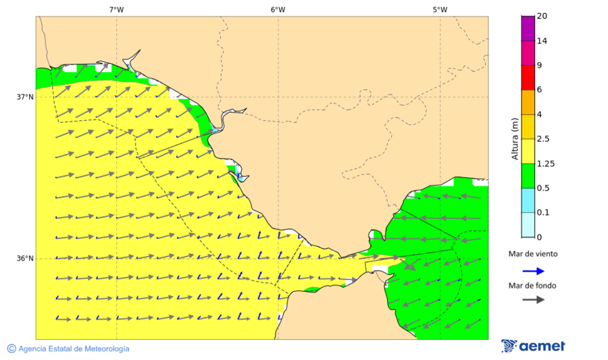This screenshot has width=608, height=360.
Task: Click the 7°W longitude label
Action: point(116,9)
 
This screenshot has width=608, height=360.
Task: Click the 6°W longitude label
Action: point(278,9)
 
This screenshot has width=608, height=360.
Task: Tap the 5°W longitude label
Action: point(440,9)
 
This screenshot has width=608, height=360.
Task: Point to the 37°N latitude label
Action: point(25,97)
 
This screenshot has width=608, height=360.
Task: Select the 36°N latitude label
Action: point(25,259)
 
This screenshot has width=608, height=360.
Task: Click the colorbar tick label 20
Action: point(541,16)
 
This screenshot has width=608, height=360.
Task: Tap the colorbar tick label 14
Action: point(541,41)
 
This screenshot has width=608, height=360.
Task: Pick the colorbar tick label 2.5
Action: point(543,139)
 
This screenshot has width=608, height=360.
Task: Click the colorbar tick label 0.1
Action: point(543,213)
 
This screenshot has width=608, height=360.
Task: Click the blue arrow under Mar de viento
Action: point(533,271)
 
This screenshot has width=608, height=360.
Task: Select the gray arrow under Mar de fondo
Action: point(533,299)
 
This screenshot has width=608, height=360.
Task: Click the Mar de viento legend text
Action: point(533,254)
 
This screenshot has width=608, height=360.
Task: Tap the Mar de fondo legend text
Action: point(532,286)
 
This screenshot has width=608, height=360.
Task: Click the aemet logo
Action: point(533,346)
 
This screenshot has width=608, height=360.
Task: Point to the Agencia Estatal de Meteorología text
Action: point(73,349)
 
